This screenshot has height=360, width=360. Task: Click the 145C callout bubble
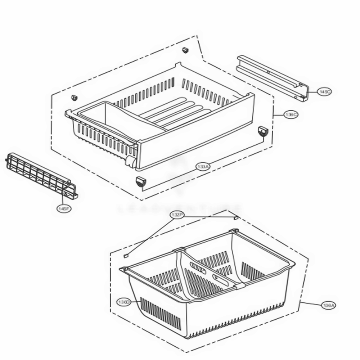[x=324, y=92]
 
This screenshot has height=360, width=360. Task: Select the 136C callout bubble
[x=291, y=115]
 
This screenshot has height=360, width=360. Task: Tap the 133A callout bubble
[x=203, y=167]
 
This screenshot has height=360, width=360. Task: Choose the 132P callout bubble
[x=177, y=215]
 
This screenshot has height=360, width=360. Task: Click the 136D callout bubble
[x=123, y=302]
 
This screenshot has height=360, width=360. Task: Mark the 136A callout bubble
[x=328, y=305]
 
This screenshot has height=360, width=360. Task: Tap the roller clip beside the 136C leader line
[x=263, y=131]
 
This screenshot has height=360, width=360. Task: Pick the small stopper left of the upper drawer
[x=74, y=98]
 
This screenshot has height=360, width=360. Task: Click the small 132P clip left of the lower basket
[x=126, y=255]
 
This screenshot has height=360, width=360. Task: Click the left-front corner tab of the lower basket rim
[x=123, y=269]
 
